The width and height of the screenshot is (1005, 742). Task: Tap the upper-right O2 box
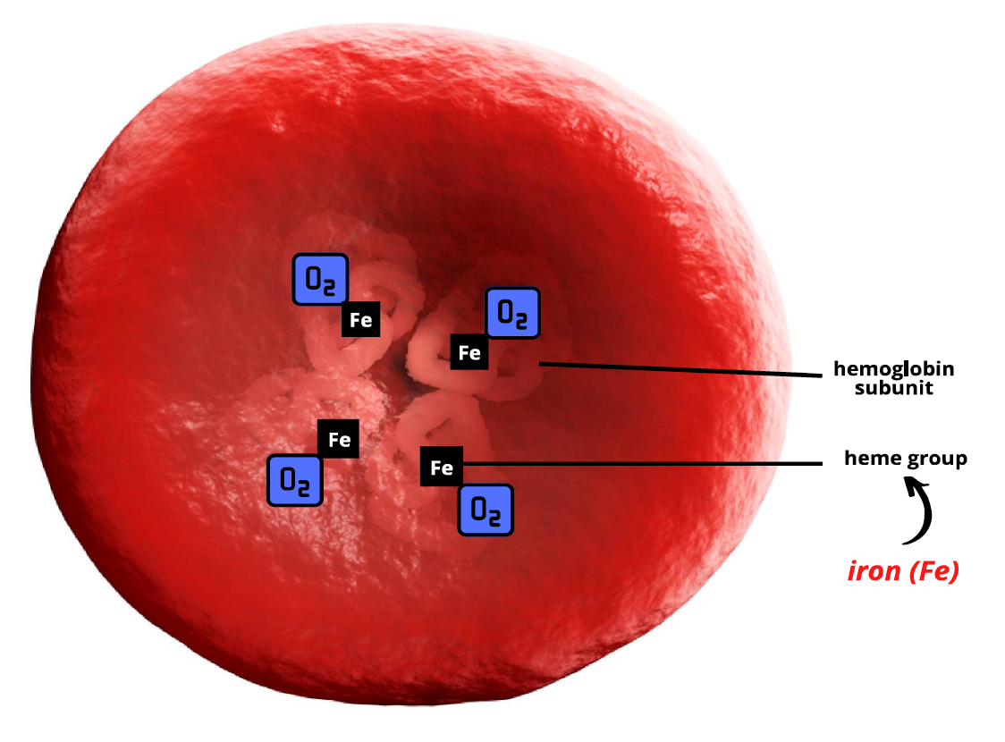[x=512, y=313]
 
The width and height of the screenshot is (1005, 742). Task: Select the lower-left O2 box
[x=295, y=480]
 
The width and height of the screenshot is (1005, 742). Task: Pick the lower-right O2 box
[x=486, y=510]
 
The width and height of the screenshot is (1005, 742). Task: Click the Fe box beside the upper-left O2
[x=361, y=320]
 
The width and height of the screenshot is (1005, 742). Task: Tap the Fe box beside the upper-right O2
[x=469, y=352]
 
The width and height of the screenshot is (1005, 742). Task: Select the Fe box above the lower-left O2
[x=339, y=439]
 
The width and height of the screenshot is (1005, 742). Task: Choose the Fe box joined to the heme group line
[x=442, y=467]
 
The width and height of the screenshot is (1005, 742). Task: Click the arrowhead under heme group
[x=913, y=487]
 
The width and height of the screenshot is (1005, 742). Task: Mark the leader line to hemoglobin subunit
[x=680, y=370]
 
